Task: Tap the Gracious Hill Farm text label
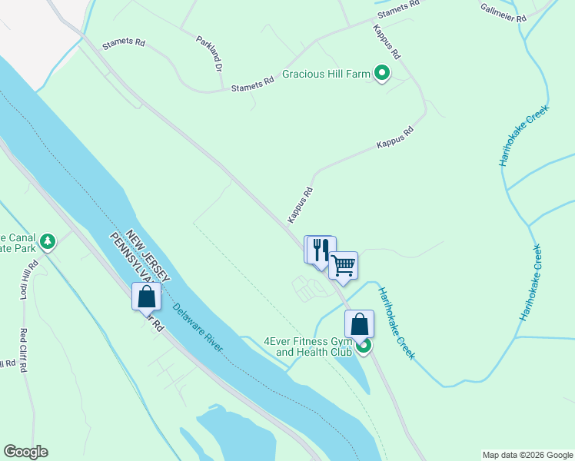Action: pos(327,75)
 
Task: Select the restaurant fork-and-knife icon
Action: pos(321,250)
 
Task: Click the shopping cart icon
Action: pos(344,266)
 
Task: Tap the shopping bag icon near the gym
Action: pos(359,324)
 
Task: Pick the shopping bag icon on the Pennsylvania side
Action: pos(146,296)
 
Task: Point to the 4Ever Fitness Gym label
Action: pos(307,347)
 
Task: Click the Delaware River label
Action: pos(198,327)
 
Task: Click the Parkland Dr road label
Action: pos(208,54)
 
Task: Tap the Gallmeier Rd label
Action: pos(504,14)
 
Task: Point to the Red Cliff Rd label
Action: pos(23,350)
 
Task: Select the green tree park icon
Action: pos(48,242)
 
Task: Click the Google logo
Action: pos(25,452)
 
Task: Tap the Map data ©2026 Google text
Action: pos(527,455)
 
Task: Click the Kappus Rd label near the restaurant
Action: pos(301,205)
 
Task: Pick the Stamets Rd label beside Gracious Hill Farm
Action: pos(254,85)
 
